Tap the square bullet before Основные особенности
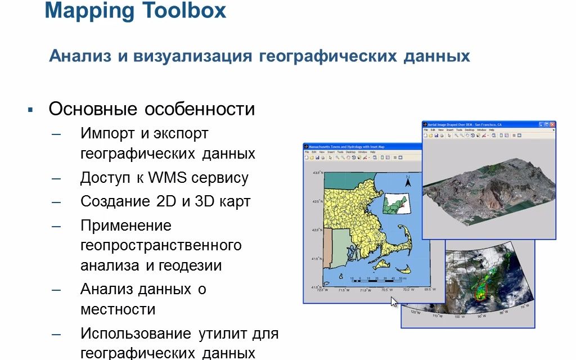pos(31,109)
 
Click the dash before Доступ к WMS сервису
pos(56,178)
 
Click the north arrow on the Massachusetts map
pos(409,181)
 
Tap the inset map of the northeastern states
pos(396,203)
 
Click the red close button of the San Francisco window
pos(552,124)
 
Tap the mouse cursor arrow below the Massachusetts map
pos(394,301)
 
